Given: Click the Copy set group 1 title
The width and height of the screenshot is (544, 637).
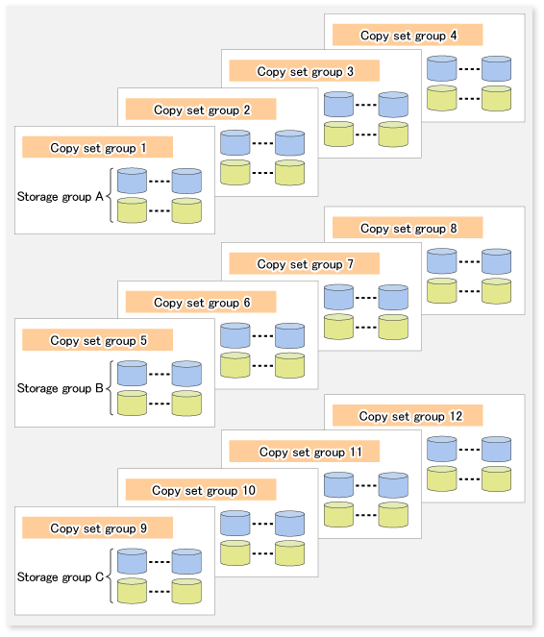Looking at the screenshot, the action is pos(97,147).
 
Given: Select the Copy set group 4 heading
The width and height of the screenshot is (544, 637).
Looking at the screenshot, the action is pos(408,35).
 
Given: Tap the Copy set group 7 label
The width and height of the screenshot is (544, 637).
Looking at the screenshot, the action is pos(305,263).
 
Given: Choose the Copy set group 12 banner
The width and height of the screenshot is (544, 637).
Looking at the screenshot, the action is pos(408,416).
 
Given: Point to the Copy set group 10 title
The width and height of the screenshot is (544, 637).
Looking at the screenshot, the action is pos(201,490).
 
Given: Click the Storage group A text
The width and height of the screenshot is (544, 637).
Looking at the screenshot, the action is pos(61,197).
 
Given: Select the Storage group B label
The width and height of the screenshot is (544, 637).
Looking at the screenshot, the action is pos(61,388).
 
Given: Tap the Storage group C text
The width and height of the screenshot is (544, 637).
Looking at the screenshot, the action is pos(61,576).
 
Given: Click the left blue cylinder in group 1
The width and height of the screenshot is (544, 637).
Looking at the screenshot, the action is pos(132,181).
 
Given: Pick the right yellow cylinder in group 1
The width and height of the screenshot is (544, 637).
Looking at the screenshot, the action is pos(186,210).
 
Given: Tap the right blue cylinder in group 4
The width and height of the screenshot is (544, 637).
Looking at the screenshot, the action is pos(497,68).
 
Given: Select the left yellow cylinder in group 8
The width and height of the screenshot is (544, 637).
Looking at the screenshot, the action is pos(442,291).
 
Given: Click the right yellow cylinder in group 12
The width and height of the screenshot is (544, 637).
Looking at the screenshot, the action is pos(497,479).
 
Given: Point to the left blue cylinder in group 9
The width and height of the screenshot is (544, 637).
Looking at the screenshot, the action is pos(132,561).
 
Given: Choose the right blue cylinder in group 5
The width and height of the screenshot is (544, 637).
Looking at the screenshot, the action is pos(186,374).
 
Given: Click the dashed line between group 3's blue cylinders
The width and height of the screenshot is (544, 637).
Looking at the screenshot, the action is pos(365,105).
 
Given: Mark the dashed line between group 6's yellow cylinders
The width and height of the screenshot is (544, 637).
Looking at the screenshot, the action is pos(262,366).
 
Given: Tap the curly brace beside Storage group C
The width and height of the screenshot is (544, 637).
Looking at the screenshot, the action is pos(110,576).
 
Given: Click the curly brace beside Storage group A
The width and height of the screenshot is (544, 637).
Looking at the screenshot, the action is pos(110,196).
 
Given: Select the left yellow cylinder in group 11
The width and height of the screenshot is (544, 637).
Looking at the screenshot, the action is pos(339,515).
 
